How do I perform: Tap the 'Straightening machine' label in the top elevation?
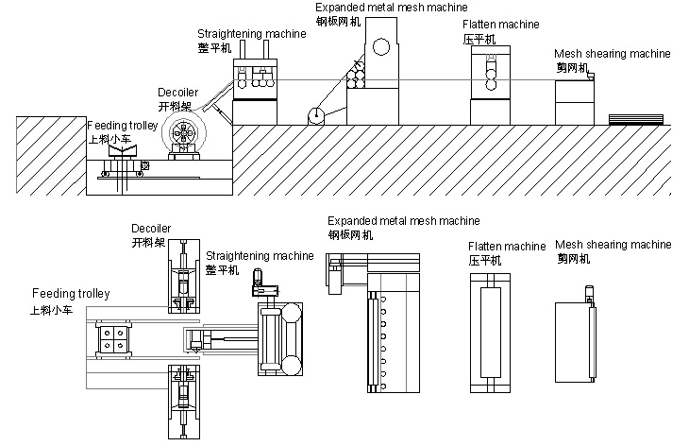click(x=251, y=34)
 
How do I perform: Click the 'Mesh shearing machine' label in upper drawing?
click(x=613, y=54)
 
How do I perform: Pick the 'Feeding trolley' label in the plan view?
click(x=71, y=294)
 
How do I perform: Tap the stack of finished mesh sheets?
click(x=637, y=119)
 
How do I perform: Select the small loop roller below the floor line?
click(x=315, y=116)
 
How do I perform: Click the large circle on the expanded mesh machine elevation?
click(x=382, y=45)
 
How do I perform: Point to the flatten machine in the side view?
click(x=489, y=85)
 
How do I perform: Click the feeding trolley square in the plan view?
click(x=113, y=342)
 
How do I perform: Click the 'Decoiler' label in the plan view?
click(x=150, y=228)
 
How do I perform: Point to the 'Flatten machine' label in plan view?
click(x=507, y=247)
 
